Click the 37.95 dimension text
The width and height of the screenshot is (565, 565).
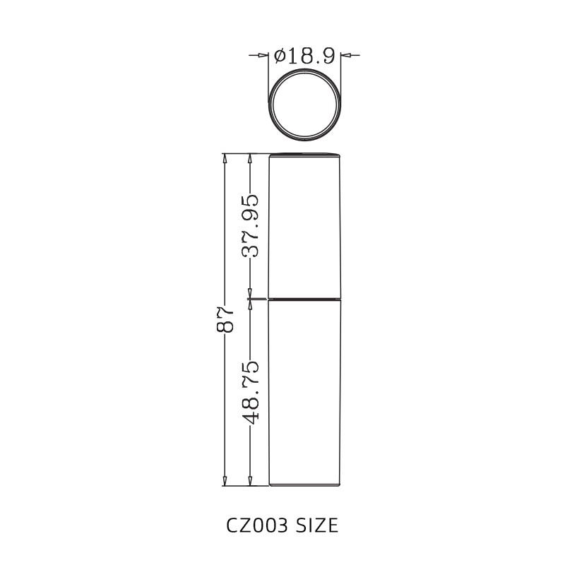click(x=250, y=225)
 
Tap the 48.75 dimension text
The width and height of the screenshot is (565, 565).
click(x=250, y=392)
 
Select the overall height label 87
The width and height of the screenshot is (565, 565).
click(x=225, y=320)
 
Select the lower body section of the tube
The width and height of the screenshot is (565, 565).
click(x=305, y=392)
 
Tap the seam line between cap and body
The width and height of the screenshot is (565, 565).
click(x=305, y=298)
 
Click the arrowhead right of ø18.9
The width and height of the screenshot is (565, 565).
click(x=346, y=54)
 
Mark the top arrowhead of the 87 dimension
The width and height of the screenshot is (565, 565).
click(x=225, y=158)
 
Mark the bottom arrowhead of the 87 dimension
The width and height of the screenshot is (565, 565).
click(x=225, y=481)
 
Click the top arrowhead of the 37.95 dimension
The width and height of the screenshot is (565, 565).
click(x=250, y=158)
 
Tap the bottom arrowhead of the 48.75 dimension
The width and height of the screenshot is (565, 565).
click(x=250, y=481)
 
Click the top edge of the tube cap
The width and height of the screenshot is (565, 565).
click(x=305, y=153)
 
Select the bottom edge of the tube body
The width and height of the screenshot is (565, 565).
click(x=305, y=486)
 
